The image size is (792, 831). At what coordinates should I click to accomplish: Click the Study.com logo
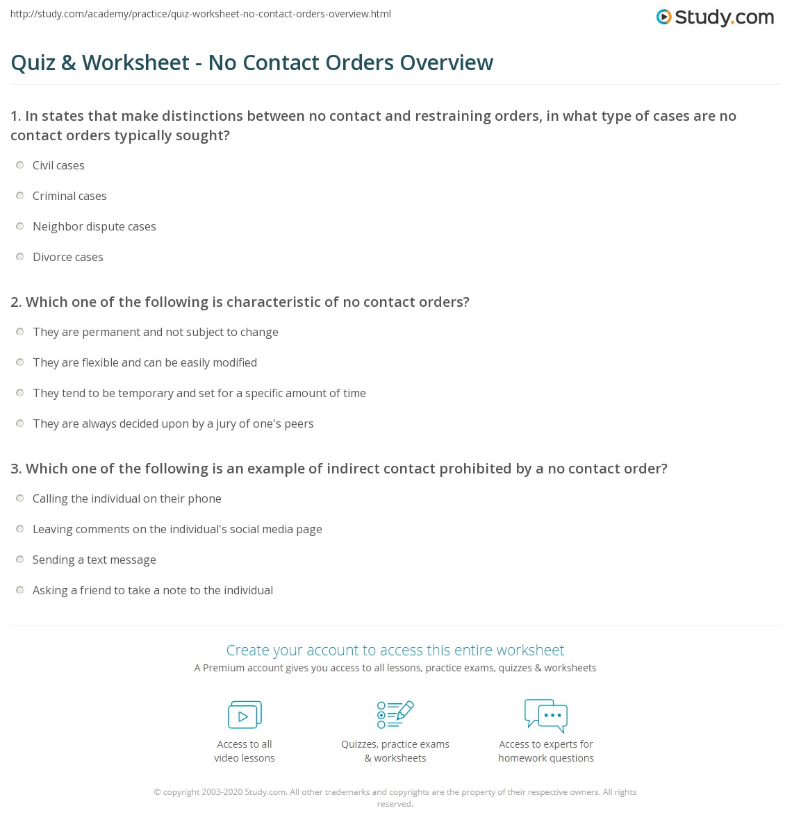(x=715, y=17)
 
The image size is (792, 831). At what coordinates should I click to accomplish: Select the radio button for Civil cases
(x=20, y=165)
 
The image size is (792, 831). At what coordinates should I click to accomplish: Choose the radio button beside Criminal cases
(x=20, y=196)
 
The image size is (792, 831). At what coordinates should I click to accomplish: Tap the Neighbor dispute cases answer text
(x=94, y=226)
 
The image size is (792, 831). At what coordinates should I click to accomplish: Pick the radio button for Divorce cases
(x=20, y=257)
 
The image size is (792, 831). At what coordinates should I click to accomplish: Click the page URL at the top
(x=201, y=14)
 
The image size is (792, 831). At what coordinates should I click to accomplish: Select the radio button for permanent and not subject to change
(x=20, y=332)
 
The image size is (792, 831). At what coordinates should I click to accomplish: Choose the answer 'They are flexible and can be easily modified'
(x=145, y=362)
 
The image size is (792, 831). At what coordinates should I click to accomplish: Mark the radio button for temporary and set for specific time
(x=20, y=393)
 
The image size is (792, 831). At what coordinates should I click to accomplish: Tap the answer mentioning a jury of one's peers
(x=173, y=423)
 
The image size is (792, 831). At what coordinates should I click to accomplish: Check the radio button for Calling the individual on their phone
(x=20, y=498)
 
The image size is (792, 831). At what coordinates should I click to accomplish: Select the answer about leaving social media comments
(x=177, y=529)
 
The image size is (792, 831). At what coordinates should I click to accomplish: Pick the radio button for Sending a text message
(x=20, y=560)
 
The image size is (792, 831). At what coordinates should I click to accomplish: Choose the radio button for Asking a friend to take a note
(x=20, y=590)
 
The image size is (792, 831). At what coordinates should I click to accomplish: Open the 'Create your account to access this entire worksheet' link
(x=395, y=650)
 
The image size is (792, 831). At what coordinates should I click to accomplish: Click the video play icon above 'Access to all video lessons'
(x=245, y=714)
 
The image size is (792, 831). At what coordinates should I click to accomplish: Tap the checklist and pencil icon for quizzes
(x=395, y=714)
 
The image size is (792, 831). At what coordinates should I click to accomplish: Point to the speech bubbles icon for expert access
(x=546, y=715)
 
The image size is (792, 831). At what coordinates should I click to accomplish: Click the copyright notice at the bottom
(x=395, y=797)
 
